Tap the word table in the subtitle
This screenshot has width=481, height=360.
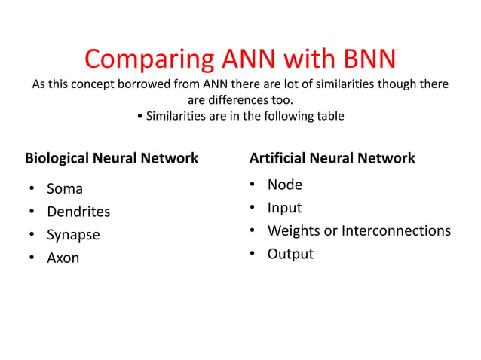click(x=329, y=116)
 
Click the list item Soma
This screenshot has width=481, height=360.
click(x=65, y=188)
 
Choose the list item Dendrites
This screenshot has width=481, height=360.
click(x=78, y=212)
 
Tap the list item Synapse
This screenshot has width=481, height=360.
click(x=73, y=235)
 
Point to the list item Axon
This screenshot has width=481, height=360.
click(x=63, y=258)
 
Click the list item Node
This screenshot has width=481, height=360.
click(x=284, y=185)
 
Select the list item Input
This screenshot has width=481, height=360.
click(x=284, y=208)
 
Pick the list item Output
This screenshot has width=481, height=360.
click(x=290, y=254)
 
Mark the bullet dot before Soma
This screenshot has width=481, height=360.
click(x=32, y=188)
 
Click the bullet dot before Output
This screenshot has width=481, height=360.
click(x=252, y=254)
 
